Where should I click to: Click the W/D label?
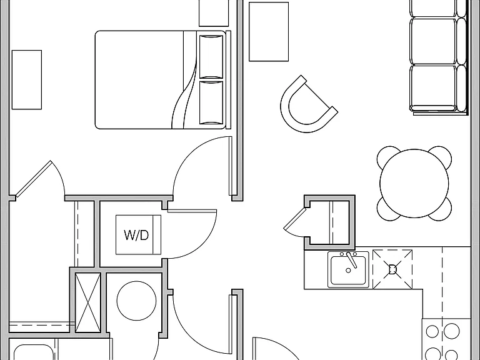click(x=136, y=235)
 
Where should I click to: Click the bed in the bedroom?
click(x=163, y=79)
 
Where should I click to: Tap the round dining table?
click(x=414, y=183)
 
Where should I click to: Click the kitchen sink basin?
click(x=348, y=270)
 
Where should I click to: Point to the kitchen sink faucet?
click(x=351, y=259)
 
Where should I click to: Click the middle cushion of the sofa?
click(x=433, y=41)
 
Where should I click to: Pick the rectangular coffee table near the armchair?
click(x=269, y=32)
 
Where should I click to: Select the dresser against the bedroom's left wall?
click(x=27, y=79)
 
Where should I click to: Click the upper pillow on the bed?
click(x=211, y=56)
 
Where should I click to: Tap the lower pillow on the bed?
click(x=211, y=102)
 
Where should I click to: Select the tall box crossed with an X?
click(x=88, y=302)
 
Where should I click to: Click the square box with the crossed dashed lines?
click(x=392, y=269)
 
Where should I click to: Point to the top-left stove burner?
click(x=432, y=331)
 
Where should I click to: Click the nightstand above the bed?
click(x=214, y=13)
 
